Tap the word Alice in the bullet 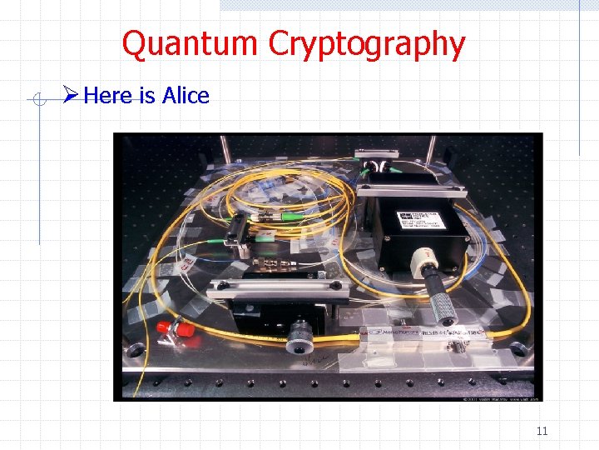tap(186, 96)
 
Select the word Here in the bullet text tap(109, 96)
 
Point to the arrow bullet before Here tap(71, 96)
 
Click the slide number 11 tap(542, 432)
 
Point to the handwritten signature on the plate tap(317, 361)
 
